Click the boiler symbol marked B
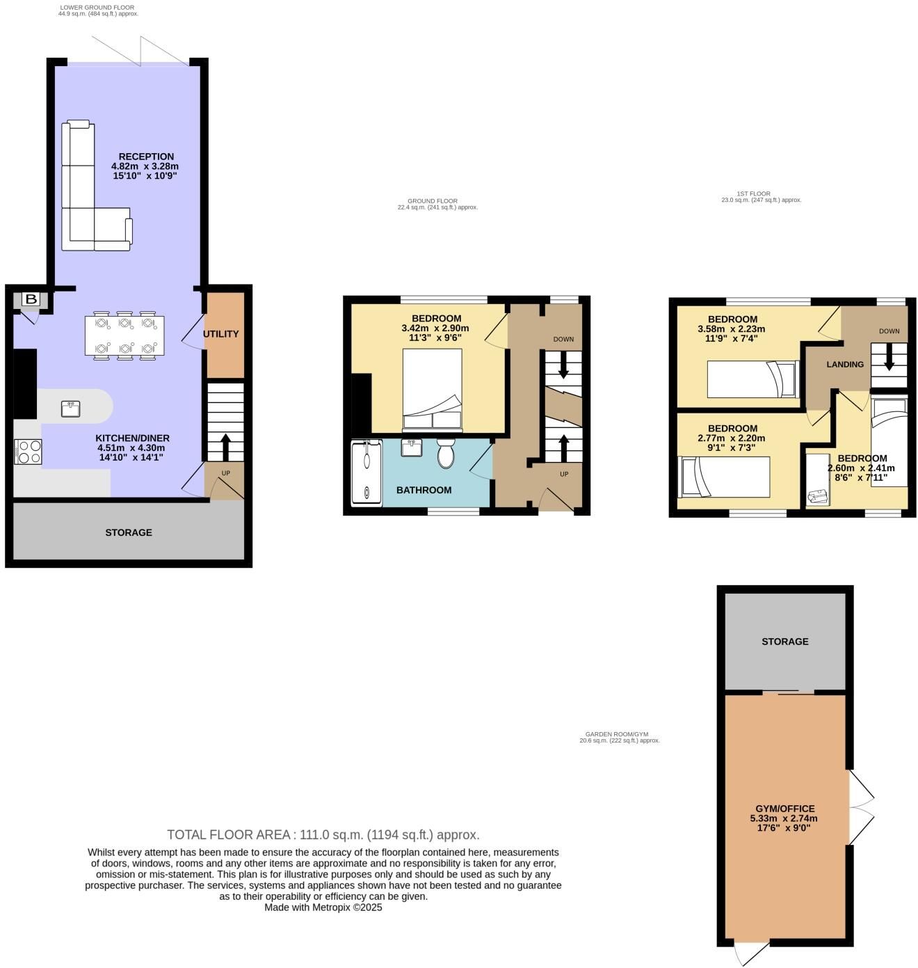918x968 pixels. pos(31,299)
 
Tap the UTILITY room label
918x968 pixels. pos(220,334)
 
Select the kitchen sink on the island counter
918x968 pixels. pos(71,408)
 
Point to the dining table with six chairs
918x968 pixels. pos(124,335)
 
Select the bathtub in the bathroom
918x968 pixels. pos(367,473)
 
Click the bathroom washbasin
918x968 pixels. pos(412,447)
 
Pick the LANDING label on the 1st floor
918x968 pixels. pos(845,365)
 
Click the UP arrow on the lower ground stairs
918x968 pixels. pos(226,447)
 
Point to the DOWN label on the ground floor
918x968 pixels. pos(563,339)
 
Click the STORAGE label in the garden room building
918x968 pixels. pos(784,642)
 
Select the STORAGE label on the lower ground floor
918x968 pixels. pos(129,533)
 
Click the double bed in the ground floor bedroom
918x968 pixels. pos(432,389)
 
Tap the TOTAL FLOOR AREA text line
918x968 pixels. pos(323,834)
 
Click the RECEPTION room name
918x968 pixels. pos(146,157)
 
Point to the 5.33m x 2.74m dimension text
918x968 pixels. pos(784,818)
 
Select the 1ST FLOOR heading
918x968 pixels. pos(754,193)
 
